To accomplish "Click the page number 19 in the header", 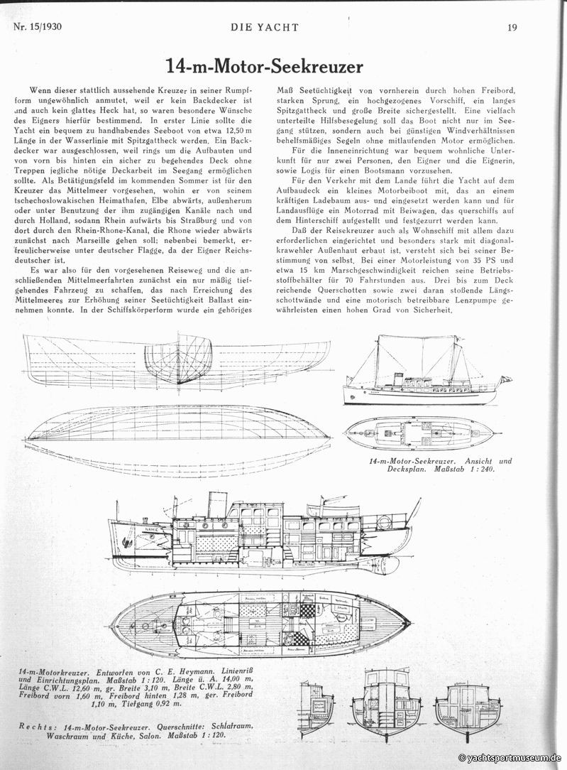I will tap(511, 28).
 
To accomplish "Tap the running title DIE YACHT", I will tap(265, 28).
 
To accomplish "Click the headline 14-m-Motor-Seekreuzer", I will tap(265, 67).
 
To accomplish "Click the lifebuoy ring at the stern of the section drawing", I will tap(384, 523).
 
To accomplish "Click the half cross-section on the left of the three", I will tap(316, 708).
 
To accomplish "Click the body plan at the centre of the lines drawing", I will tap(178, 359).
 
